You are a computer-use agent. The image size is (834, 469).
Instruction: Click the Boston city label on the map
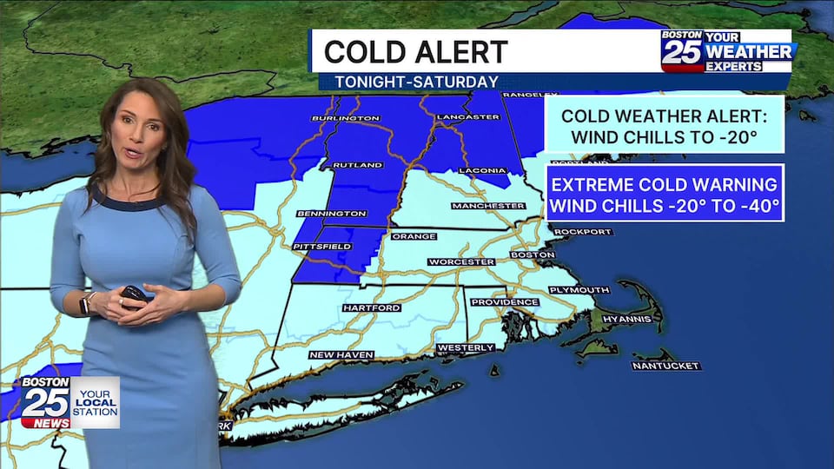coord(533,254)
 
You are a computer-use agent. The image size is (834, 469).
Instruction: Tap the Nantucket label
coord(666,366)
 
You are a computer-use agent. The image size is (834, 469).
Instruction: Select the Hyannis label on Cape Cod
coord(627,319)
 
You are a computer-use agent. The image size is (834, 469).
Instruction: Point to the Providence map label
coord(505,301)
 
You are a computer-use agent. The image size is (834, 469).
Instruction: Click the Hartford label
coord(371,307)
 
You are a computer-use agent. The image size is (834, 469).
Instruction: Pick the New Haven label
coord(341,354)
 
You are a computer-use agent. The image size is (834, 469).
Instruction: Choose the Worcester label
coord(461,261)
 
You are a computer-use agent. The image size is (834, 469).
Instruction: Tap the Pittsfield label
coord(323,247)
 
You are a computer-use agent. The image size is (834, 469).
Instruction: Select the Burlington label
coord(346,117)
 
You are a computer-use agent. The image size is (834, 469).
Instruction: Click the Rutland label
coord(357,165)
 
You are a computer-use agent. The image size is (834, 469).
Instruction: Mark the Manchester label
coord(488,206)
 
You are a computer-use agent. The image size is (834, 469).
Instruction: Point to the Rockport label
coord(581,232)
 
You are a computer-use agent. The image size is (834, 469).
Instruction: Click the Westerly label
coord(466,347)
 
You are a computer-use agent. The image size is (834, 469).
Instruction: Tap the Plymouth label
coord(579,289)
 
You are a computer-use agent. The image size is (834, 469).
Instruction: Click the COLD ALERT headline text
coord(415,51)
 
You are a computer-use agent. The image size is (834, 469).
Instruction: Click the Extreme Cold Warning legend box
coord(665,193)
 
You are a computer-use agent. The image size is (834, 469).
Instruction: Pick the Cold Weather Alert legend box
coord(665,126)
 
